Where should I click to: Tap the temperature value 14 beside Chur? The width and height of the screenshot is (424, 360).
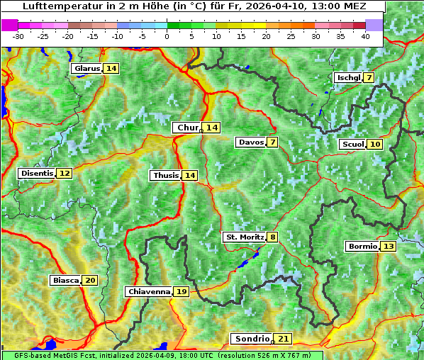click(212, 128)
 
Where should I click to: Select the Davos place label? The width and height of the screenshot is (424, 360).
click(251, 142)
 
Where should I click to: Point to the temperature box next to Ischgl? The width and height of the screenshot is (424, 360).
click(369, 77)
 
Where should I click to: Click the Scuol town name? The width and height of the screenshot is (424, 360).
click(352, 145)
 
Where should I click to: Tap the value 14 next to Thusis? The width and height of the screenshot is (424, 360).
click(189, 176)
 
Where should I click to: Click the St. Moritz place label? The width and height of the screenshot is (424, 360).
click(245, 237)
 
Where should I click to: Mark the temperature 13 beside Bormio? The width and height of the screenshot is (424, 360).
click(388, 247)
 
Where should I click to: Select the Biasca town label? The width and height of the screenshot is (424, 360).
click(66, 281)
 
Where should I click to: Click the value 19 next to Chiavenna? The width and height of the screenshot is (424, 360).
click(182, 291)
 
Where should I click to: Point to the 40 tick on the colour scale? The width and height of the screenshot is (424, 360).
click(365, 36)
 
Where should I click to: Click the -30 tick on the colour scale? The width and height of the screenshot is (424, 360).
click(18, 36)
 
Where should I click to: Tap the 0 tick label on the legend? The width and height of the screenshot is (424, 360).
click(167, 36)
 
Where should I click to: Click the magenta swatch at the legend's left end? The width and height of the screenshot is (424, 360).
click(10, 25)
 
